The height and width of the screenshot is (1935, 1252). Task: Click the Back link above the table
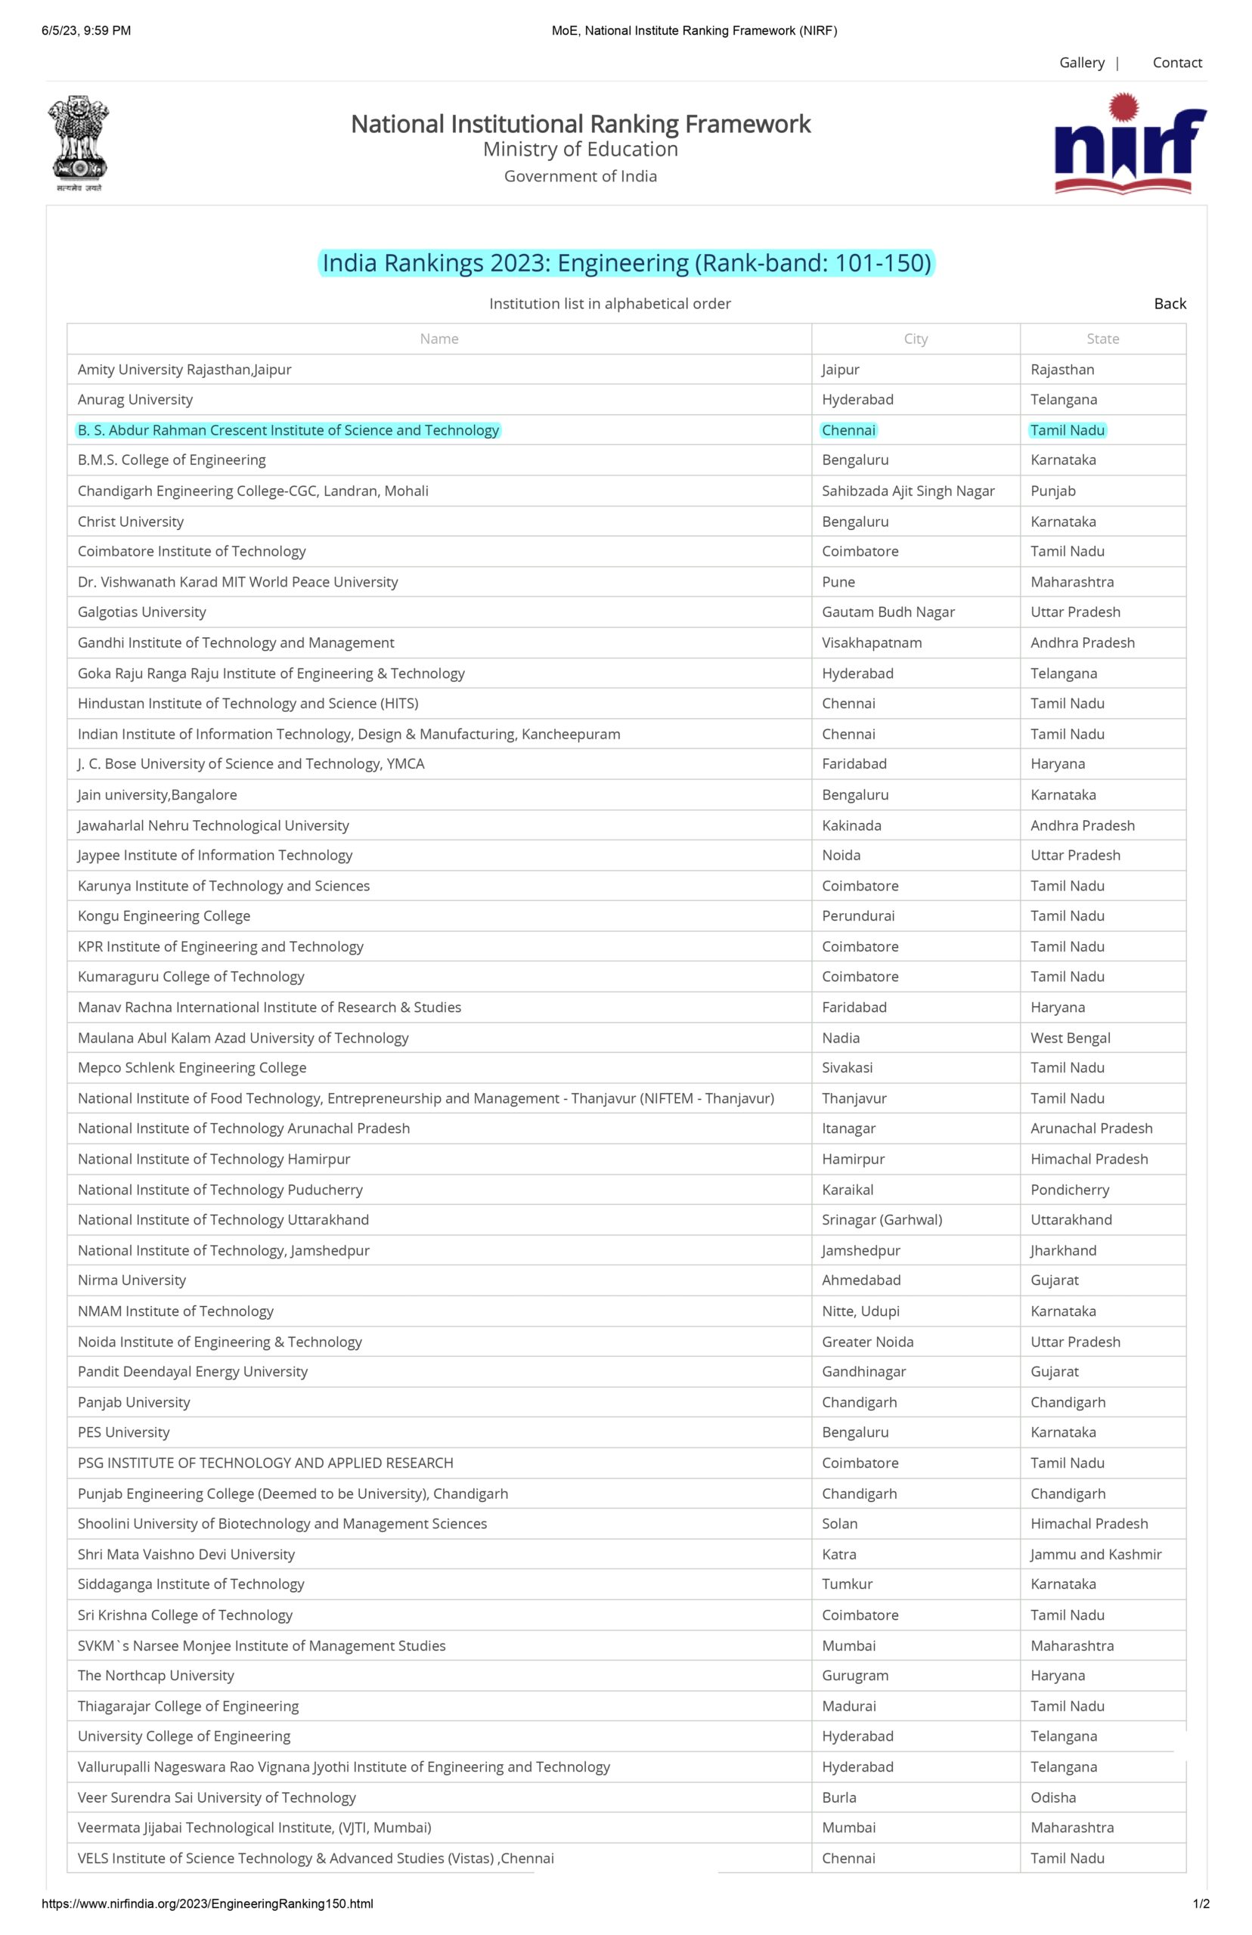coord(1169,303)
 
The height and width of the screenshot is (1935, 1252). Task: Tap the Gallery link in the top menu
coord(1081,63)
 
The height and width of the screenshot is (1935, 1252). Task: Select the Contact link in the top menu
coord(1176,63)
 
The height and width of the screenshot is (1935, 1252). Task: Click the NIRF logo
coord(1130,144)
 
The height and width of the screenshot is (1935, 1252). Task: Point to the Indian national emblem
coord(79,143)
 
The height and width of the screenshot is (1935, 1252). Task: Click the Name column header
coord(439,339)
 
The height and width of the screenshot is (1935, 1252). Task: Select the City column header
coord(916,339)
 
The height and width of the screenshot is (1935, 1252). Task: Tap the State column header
coord(1102,339)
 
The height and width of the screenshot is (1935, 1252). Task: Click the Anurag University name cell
coord(135,400)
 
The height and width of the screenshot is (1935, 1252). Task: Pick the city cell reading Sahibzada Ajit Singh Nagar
coord(908,491)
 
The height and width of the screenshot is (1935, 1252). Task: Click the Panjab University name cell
coord(134,1402)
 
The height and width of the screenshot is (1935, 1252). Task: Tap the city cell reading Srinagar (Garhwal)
coord(882,1220)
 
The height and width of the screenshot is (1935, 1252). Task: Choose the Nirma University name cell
coord(132,1280)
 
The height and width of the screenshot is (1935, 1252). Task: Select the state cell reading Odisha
coord(1053,1797)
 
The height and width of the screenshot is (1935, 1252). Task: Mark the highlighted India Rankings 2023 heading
coord(626,263)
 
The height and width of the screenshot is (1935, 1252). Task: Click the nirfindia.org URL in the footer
coord(207,1903)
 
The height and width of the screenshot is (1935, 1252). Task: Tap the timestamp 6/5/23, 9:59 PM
coord(86,31)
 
